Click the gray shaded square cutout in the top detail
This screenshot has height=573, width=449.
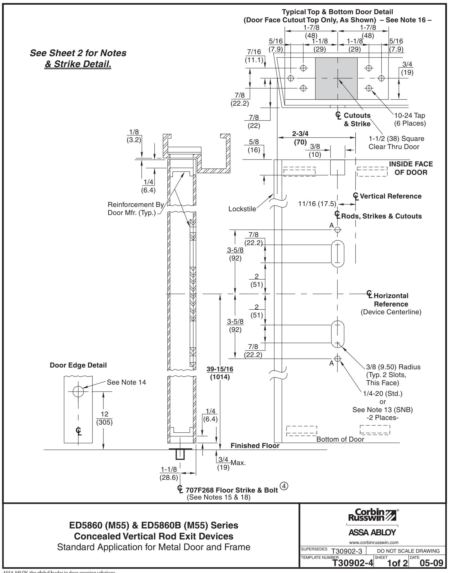[336, 78]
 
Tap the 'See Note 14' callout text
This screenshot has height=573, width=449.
[127, 382]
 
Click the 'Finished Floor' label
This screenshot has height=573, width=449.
[255, 446]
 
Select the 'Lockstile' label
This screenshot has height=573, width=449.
[242, 209]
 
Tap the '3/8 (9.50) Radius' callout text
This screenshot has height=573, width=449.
[393, 367]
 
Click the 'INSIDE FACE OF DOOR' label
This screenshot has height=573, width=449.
[411, 168]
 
